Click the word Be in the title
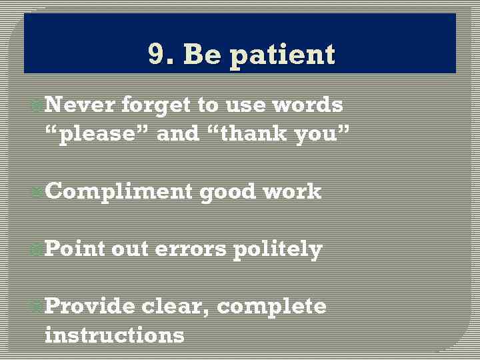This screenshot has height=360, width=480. (x=203, y=55)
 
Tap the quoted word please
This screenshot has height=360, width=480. (x=97, y=135)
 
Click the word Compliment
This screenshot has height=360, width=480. (x=119, y=193)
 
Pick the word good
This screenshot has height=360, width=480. (x=228, y=193)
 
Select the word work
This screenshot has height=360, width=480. (x=292, y=192)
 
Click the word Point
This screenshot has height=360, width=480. (x=75, y=249)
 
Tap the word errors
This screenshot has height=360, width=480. (x=191, y=250)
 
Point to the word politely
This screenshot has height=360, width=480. (x=277, y=250)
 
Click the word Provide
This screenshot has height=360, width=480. (x=90, y=306)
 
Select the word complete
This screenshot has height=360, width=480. (x=271, y=307)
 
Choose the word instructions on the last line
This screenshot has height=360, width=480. (x=114, y=334)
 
